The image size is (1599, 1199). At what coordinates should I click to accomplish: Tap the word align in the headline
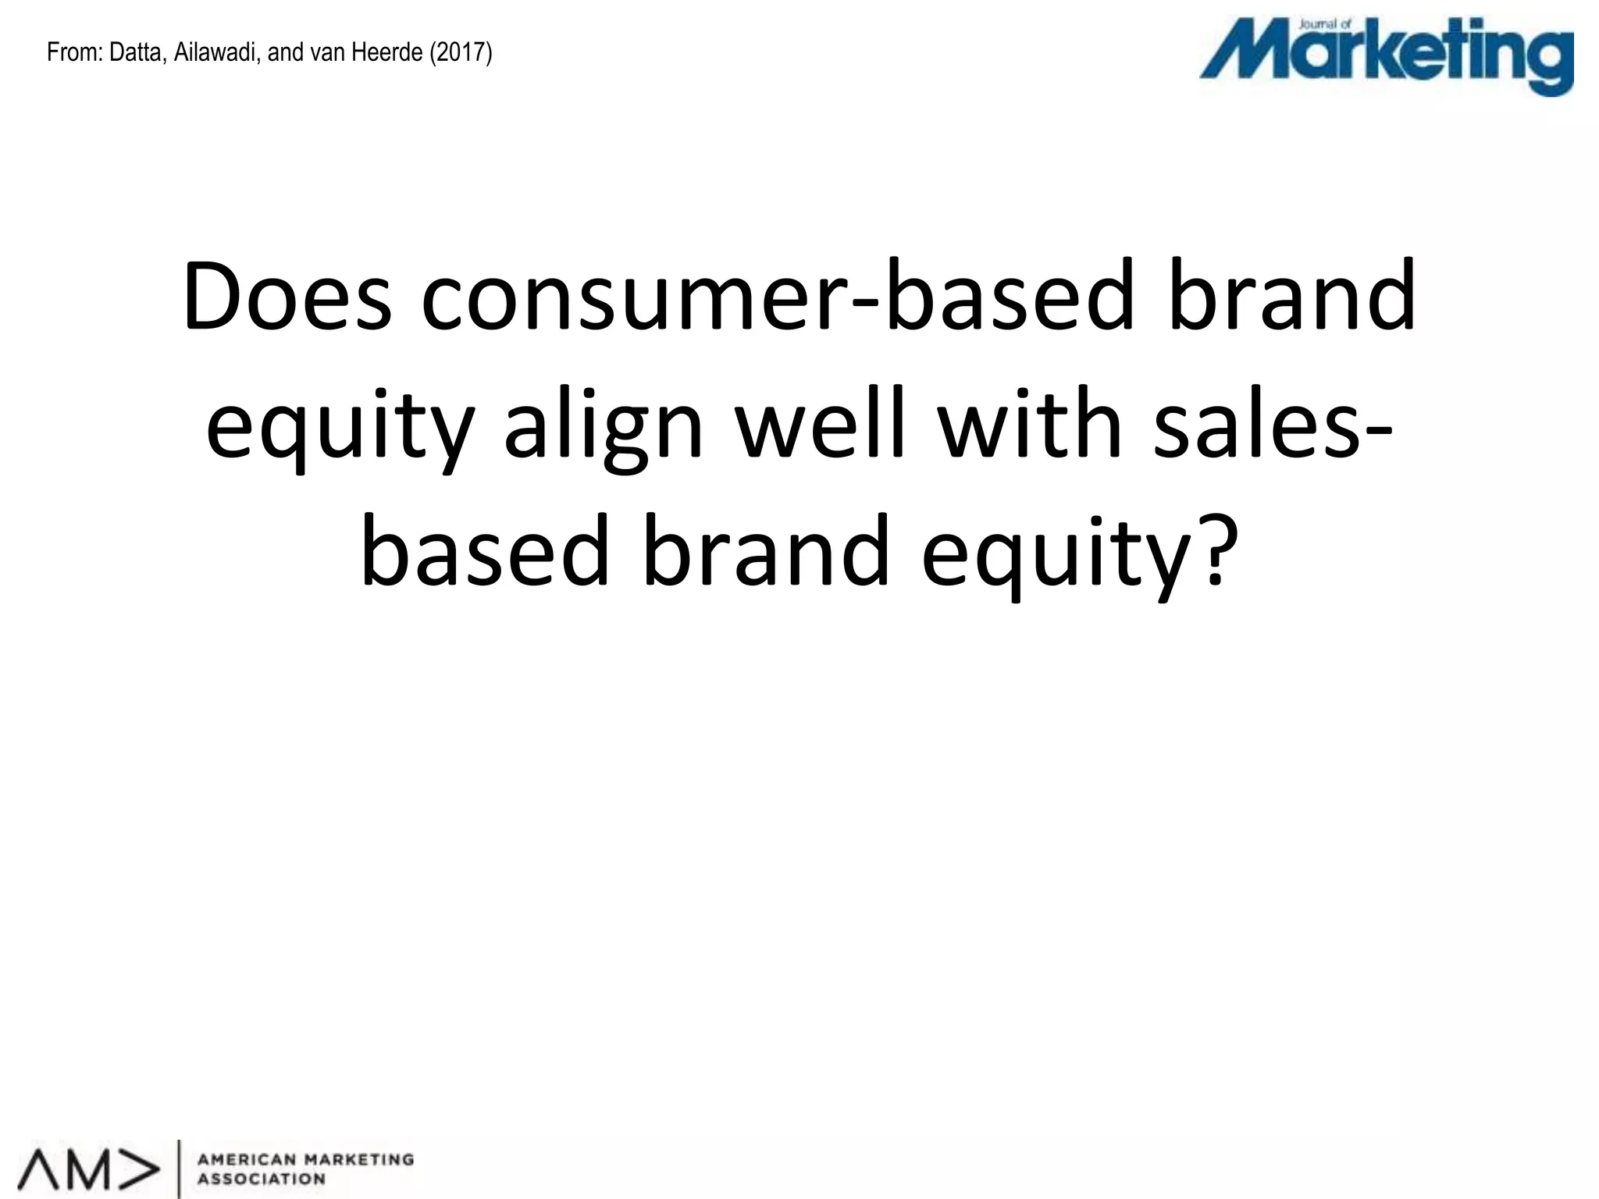(604, 426)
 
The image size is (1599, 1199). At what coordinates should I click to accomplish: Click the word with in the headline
(1028, 426)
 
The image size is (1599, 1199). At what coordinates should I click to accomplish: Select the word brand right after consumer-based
(1291, 297)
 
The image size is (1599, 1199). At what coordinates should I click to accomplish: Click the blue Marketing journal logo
(1386, 58)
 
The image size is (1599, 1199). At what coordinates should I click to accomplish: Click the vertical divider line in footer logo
(180, 1168)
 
